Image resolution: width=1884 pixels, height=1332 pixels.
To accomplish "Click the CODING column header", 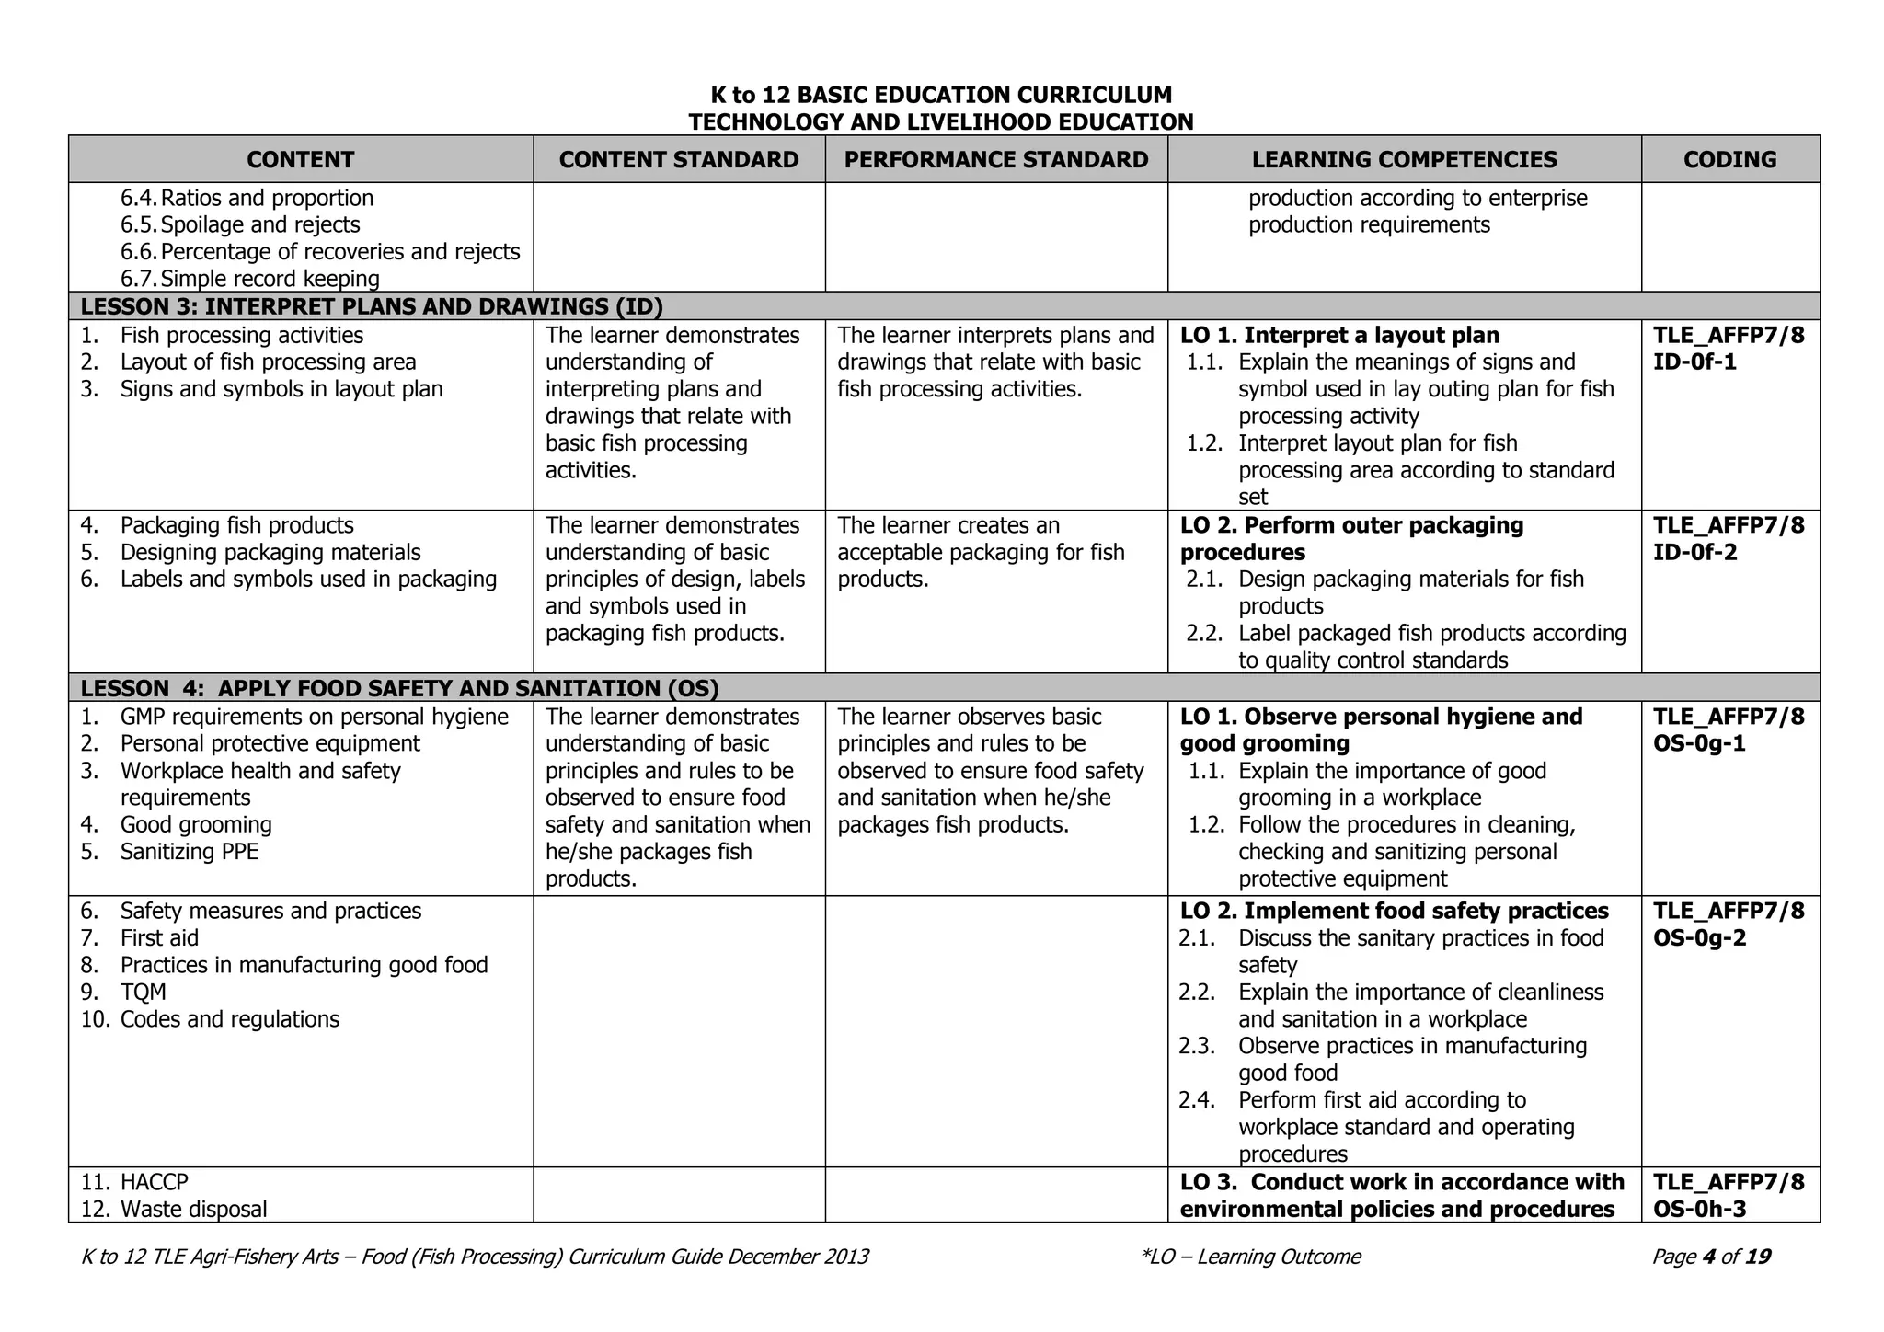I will coord(1729,160).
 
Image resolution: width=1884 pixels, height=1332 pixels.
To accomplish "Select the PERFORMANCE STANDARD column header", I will coord(996,160).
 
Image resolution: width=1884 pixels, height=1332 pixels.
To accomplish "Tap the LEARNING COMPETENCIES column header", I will coord(1404,160).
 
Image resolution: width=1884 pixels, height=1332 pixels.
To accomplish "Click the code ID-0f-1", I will coord(1694,362).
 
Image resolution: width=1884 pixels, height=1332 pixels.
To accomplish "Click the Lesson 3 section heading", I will coord(372,307).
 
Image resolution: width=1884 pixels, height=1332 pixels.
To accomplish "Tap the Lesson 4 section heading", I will coord(399,689).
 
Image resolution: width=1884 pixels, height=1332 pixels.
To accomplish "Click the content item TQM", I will coord(143,993).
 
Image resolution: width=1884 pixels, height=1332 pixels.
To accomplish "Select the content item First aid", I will coord(159,938).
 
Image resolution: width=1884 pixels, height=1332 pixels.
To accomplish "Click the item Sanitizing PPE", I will coord(190,852).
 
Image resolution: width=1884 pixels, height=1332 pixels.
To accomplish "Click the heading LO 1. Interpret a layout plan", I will coord(1339,336).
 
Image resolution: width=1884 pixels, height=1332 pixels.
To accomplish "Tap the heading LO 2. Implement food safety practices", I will coord(1394,912).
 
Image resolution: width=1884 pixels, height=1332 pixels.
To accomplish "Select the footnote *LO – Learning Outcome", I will coord(1249,1257).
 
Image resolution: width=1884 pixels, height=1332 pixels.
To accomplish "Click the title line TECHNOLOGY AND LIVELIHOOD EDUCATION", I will coord(941,122).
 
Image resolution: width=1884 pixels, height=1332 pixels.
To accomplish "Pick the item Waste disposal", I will coord(193,1209).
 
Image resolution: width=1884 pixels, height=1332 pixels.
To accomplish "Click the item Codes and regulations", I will coord(229,1019).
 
